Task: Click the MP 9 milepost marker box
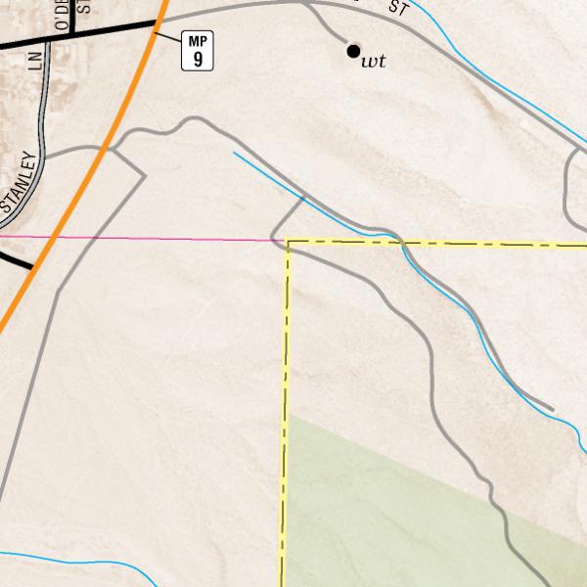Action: (x=199, y=51)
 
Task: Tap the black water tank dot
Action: (x=353, y=51)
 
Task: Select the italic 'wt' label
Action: (x=373, y=62)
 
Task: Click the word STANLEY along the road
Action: (x=20, y=184)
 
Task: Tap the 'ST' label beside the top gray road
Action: (x=397, y=9)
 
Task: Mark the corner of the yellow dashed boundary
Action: (x=289, y=243)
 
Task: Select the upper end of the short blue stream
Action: (x=234, y=153)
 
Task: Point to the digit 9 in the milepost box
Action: (x=199, y=60)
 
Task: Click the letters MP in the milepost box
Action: (x=199, y=40)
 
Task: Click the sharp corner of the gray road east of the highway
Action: (x=145, y=176)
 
